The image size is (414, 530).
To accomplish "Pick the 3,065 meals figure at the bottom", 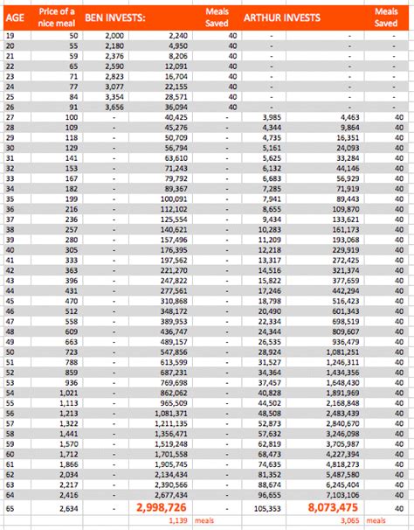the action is click(x=347, y=521).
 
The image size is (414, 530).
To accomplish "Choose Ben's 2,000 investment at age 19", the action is click(x=114, y=34).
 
